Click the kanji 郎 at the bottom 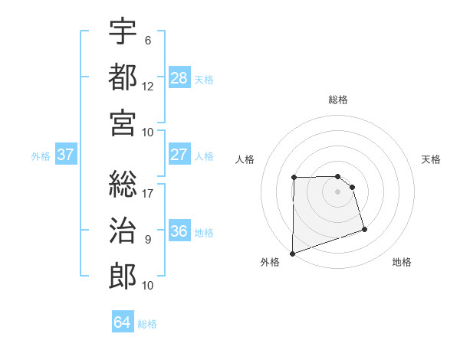[123, 274]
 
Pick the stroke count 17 [148, 193]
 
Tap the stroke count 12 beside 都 [148, 85]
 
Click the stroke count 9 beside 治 [148, 239]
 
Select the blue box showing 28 [179, 77]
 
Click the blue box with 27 [179, 155]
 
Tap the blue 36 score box [179, 231]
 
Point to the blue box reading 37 [66, 155]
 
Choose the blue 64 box [123, 322]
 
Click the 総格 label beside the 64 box [147, 324]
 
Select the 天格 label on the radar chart [432, 159]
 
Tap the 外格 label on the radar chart [270, 262]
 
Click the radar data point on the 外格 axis [292, 253]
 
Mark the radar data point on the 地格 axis [364, 229]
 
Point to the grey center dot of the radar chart [337, 191]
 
